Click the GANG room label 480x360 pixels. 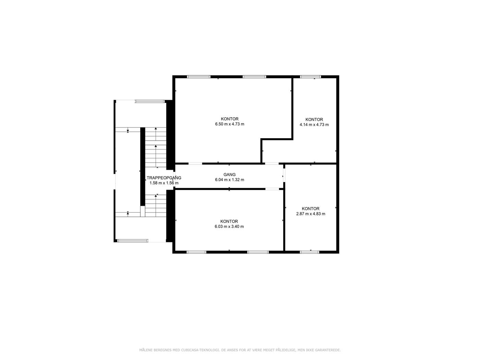coord(229,175)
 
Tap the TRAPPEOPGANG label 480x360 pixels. coord(164,178)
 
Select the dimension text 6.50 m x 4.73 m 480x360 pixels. coord(230,124)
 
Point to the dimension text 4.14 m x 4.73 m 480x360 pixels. coord(314,124)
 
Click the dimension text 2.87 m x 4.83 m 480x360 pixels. coord(311,214)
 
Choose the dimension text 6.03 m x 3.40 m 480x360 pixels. coord(229,226)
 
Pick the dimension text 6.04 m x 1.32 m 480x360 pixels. coord(230,180)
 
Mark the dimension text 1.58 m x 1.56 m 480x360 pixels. coord(164,183)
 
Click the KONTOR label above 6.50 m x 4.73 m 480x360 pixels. coord(230,119)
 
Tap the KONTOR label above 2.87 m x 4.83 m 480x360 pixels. coord(311,208)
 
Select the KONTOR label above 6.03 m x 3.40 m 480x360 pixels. coord(229,221)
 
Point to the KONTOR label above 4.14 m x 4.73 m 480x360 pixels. coord(314,120)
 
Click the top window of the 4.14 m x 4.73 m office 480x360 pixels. coord(310,77)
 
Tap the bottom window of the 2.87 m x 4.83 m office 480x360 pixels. coord(310,252)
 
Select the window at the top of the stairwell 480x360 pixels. coord(149,101)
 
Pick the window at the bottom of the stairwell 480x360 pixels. coord(133,241)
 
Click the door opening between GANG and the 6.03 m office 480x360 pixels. coord(272,189)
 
